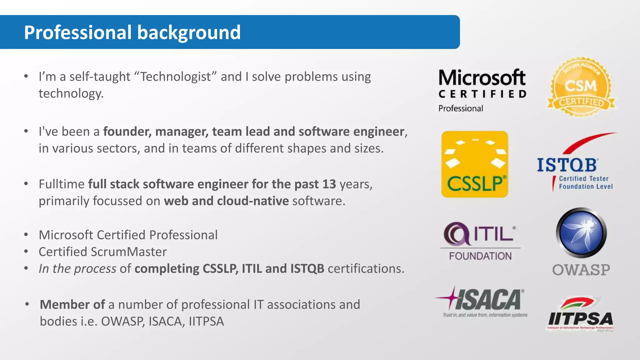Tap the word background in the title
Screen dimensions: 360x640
click(189, 32)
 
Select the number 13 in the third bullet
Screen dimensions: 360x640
click(329, 184)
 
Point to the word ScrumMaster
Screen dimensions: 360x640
click(129, 252)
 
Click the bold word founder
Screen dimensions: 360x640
click(127, 132)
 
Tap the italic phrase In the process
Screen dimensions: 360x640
click(77, 269)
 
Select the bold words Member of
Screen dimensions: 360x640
click(72, 305)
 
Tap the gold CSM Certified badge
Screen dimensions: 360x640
click(581, 87)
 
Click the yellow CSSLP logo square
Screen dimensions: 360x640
click(474, 164)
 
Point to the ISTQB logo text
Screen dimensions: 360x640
click(567, 165)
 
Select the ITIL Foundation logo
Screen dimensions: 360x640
click(480, 241)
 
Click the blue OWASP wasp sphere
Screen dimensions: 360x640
click(581, 233)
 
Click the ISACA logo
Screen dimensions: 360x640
click(481, 302)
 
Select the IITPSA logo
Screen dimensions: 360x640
click(580, 314)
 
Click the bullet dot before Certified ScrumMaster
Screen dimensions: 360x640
click(26, 252)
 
